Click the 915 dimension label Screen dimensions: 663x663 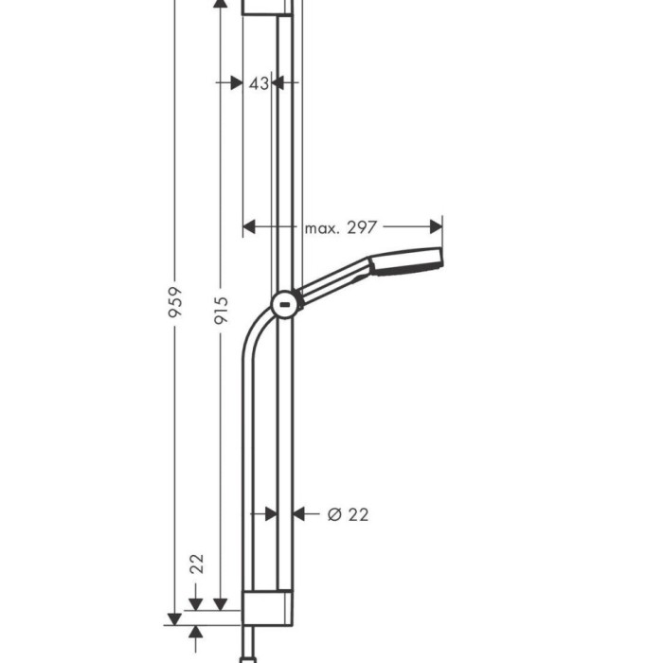coord(220,303)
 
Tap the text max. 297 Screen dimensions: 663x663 coord(341,227)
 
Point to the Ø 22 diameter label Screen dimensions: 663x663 coord(348,514)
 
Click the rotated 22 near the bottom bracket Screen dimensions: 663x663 coord(197,564)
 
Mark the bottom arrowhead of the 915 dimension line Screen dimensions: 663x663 coord(220,603)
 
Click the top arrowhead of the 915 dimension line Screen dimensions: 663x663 coord(220,5)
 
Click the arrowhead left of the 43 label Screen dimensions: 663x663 coord(236,83)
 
